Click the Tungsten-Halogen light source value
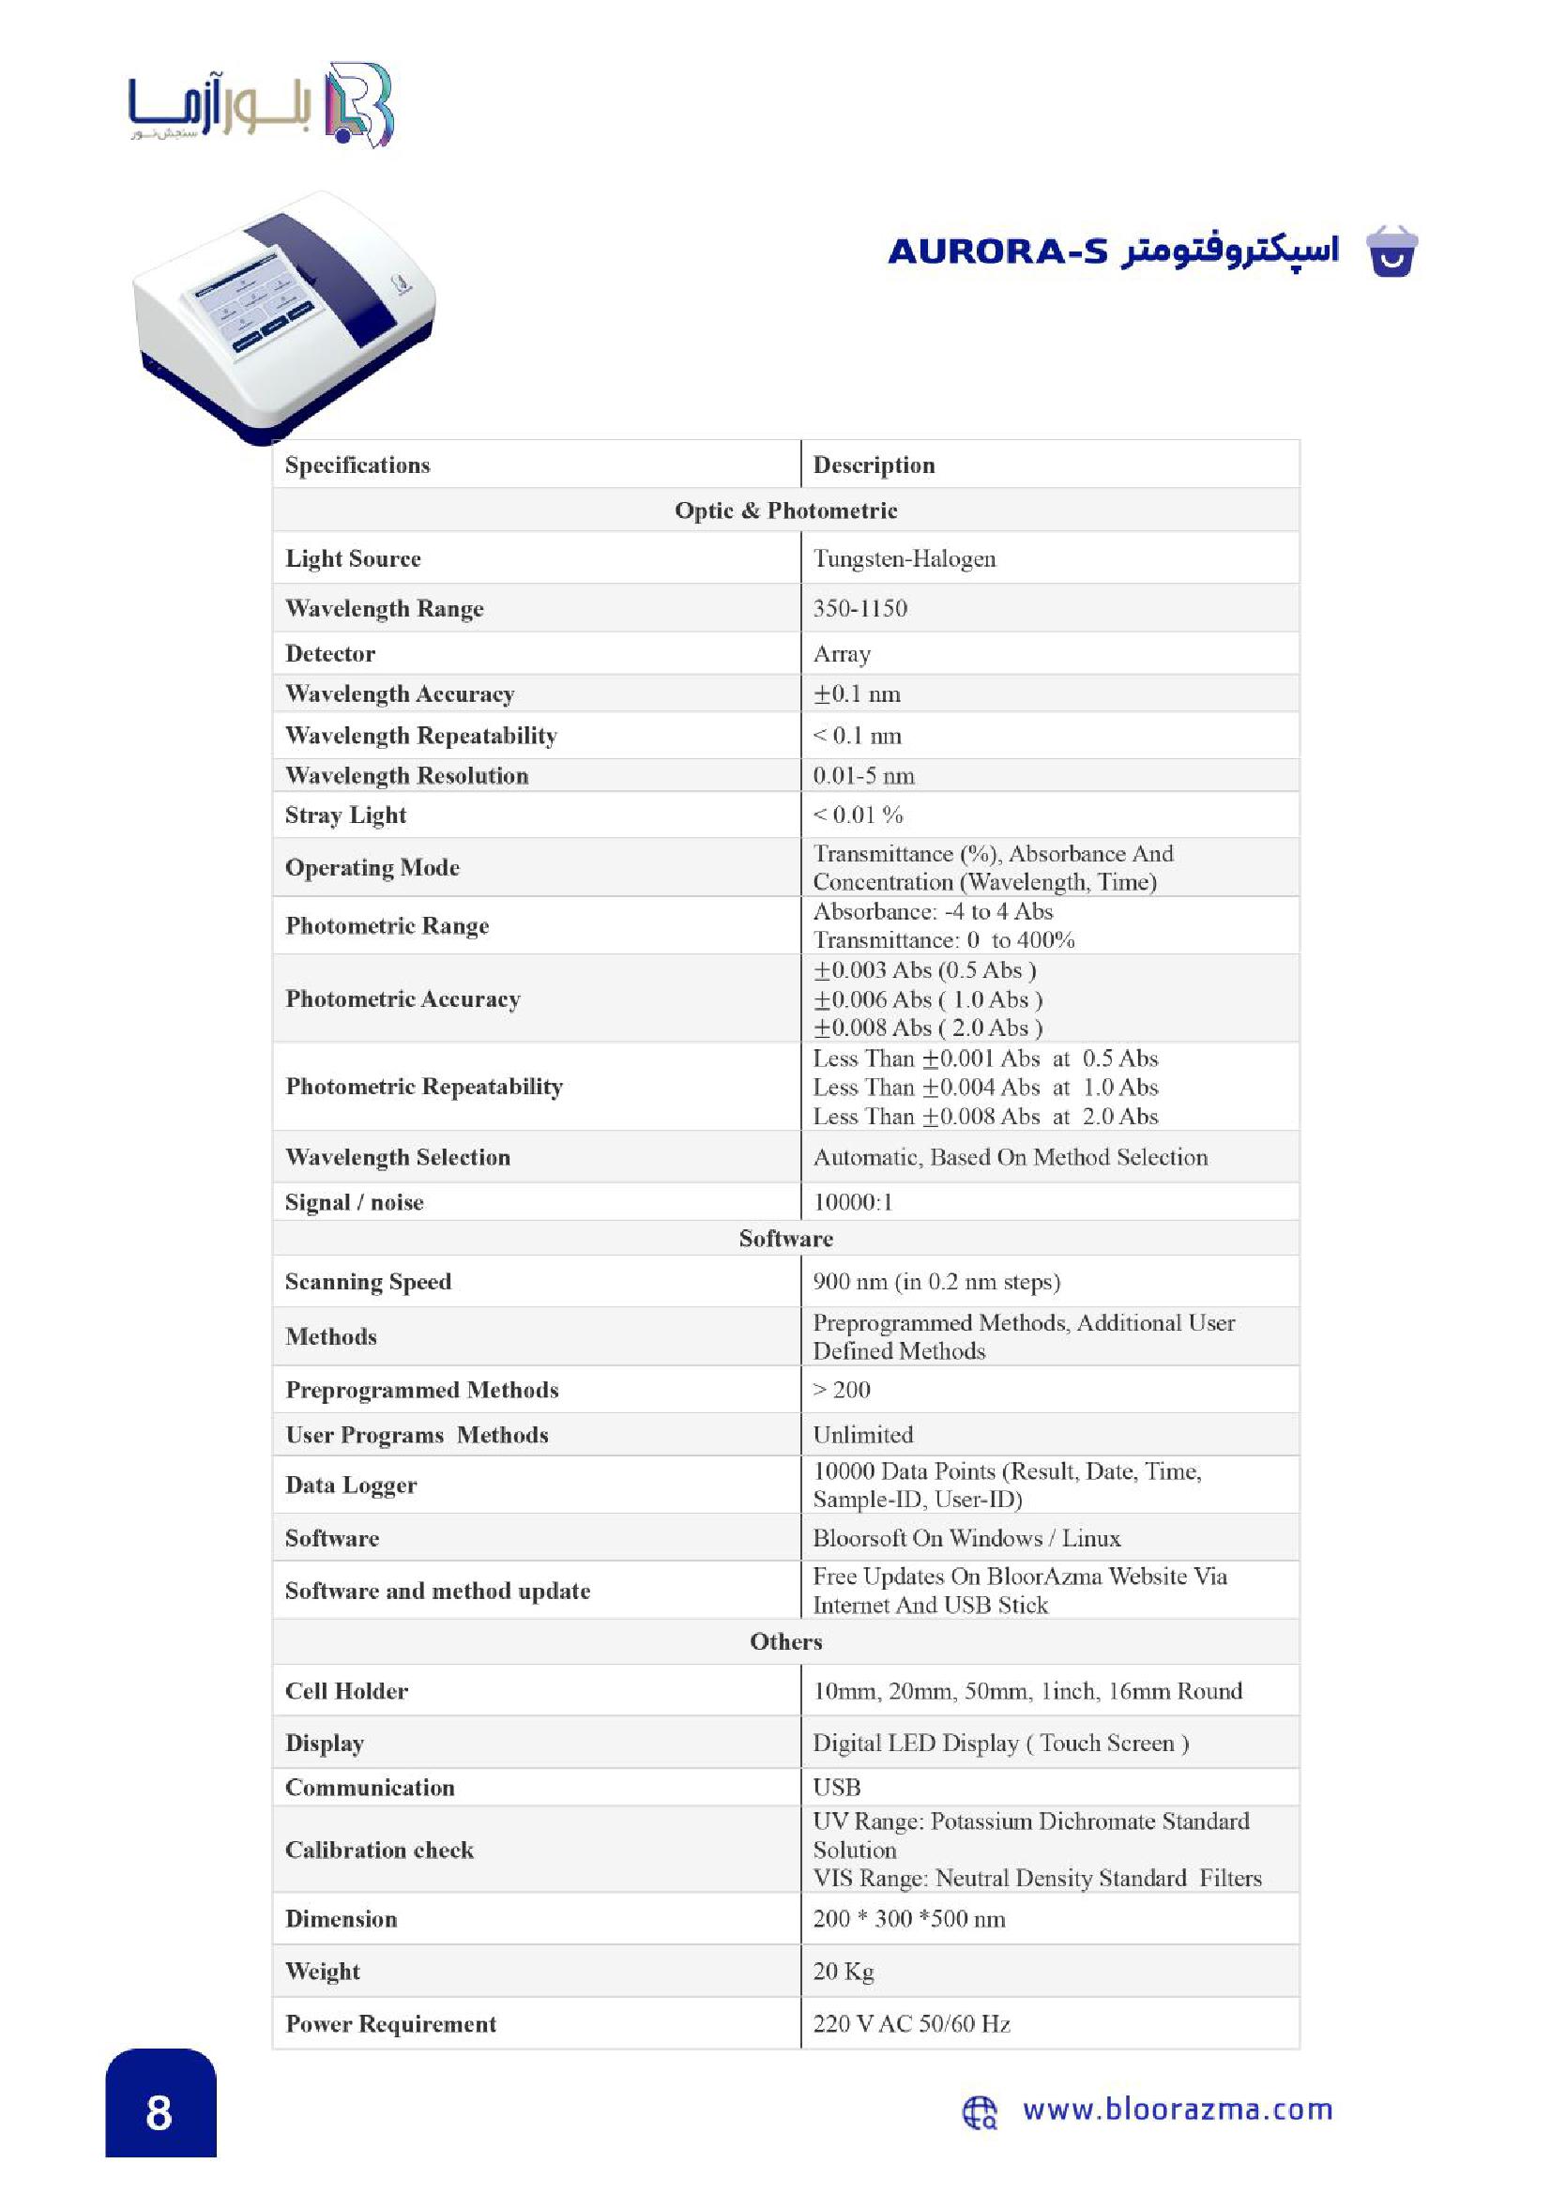(903, 558)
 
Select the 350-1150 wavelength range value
(859, 608)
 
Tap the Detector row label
(329, 654)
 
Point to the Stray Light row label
(345, 815)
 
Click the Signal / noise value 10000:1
(852, 1202)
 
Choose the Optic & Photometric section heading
(785, 510)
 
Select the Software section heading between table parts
(785, 1239)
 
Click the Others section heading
(785, 1641)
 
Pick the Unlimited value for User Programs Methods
(862, 1434)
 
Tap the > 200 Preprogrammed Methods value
(841, 1390)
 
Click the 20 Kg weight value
(843, 1971)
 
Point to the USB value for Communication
(836, 1787)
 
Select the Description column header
(874, 465)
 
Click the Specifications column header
(357, 465)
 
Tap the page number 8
(160, 2112)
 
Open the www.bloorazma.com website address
(1178, 2109)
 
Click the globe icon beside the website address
(979, 2111)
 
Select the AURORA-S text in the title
(997, 251)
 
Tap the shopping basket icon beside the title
(1391, 252)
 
